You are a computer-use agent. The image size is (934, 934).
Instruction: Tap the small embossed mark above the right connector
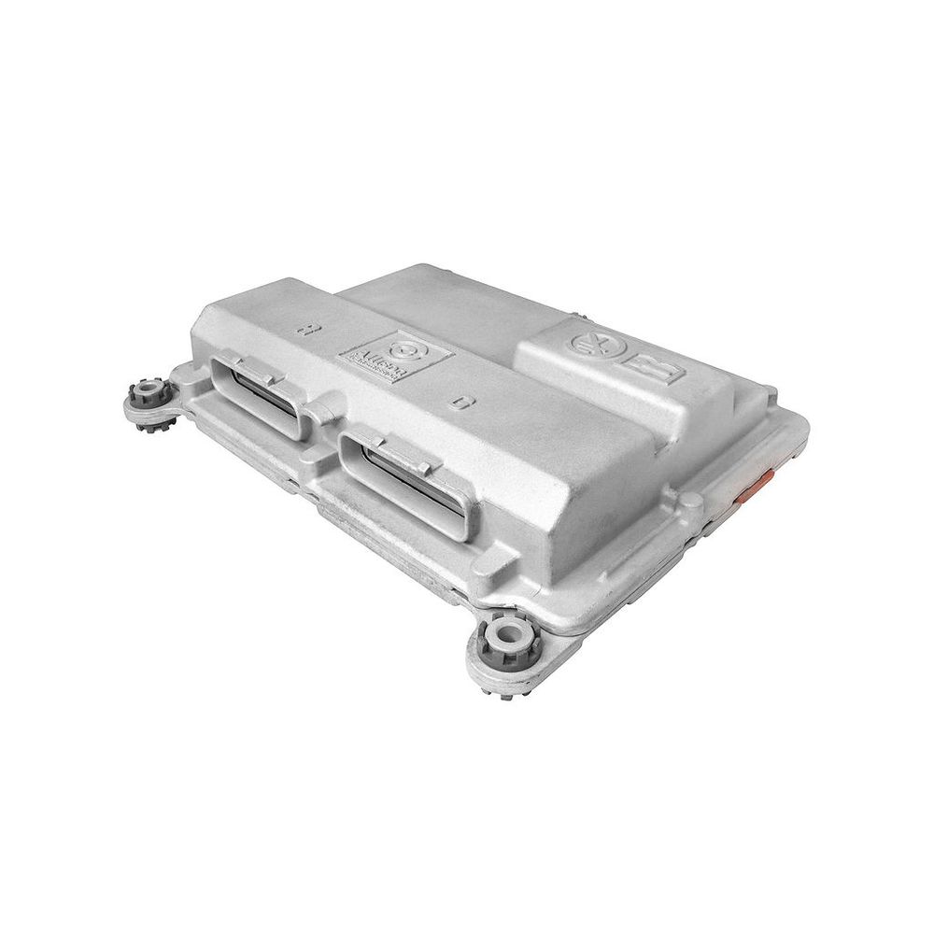[x=459, y=403]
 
